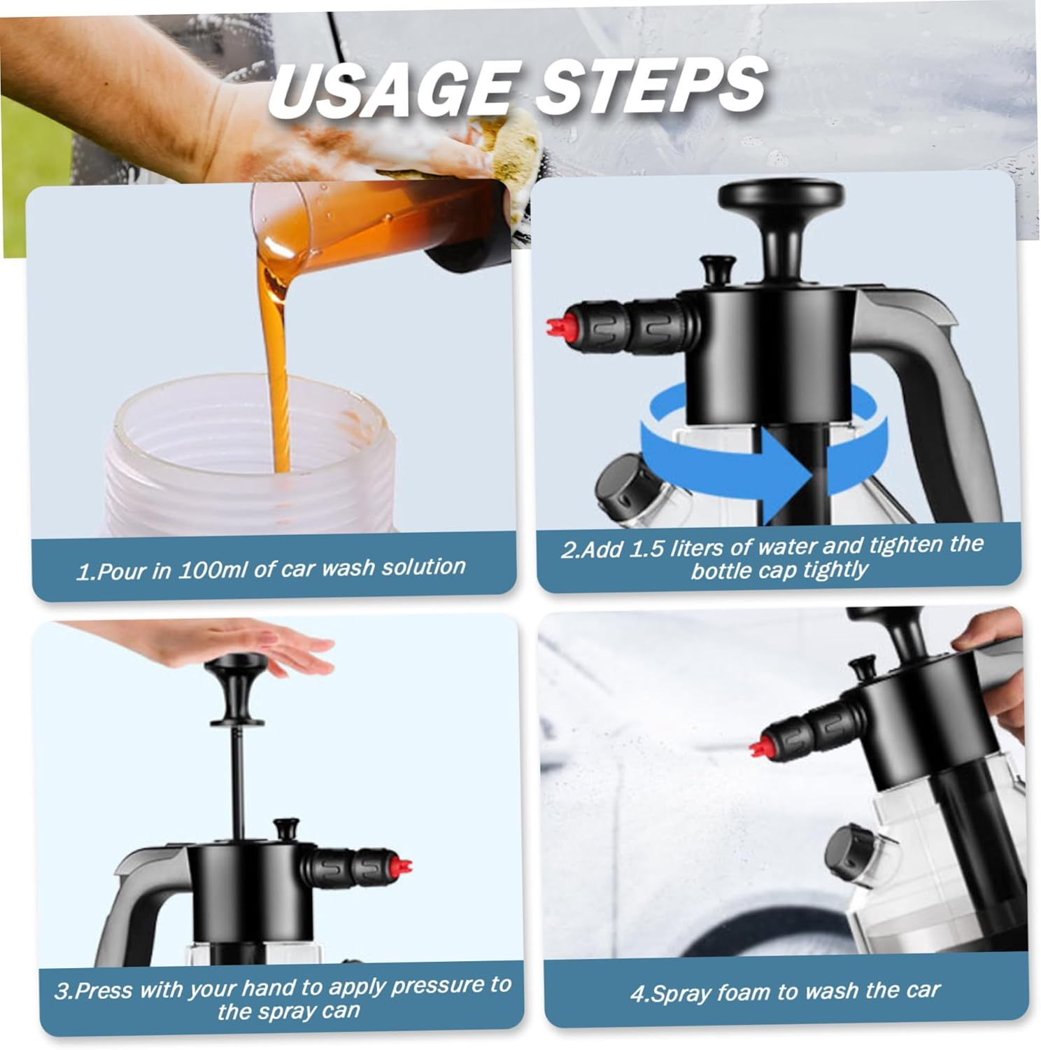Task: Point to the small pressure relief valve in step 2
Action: point(718,269)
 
